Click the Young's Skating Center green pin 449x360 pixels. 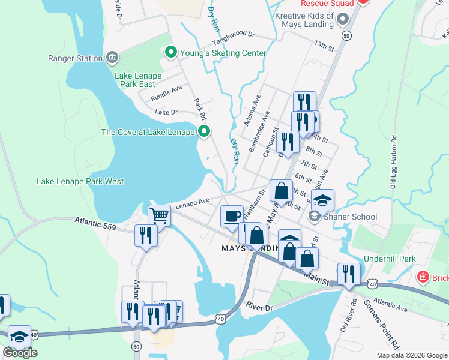click(170, 53)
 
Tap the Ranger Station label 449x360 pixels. click(76, 58)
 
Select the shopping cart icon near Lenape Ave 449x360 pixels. click(159, 214)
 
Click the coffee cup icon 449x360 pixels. click(232, 217)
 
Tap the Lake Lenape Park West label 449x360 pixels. click(80, 181)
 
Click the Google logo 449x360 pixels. click(20, 353)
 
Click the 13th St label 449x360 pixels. click(323, 45)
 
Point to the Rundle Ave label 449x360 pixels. click(166, 92)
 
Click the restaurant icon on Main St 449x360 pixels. click(348, 274)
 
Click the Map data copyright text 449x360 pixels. click(411, 355)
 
